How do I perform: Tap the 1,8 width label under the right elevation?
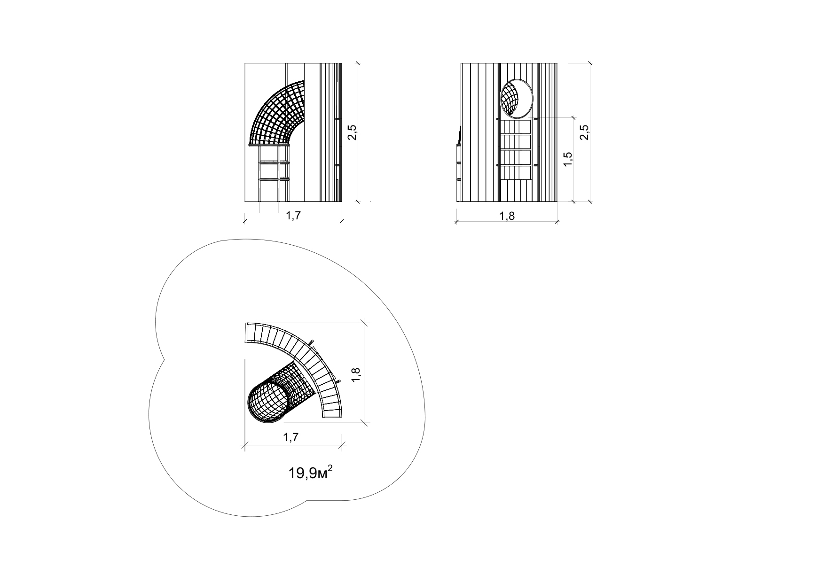click(507, 216)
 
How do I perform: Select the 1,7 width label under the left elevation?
click(294, 216)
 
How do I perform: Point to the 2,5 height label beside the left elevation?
click(352, 132)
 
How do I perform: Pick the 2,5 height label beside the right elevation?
click(584, 132)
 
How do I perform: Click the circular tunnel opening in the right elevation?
click(517, 98)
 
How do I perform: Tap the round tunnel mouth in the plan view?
click(268, 403)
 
